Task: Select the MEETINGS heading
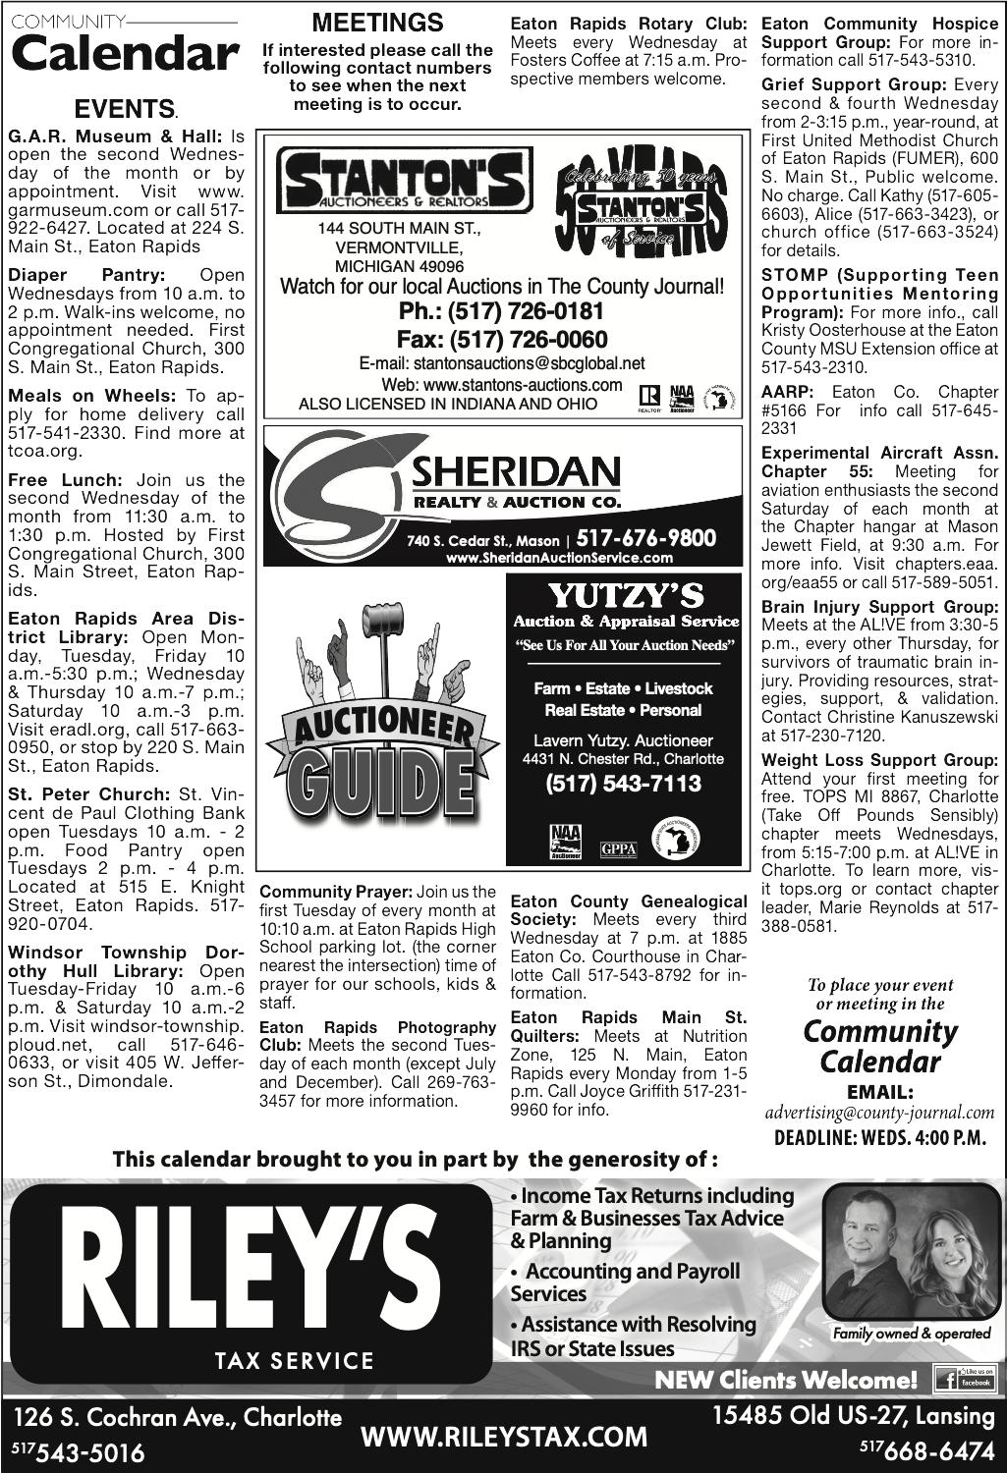pyautogui.click(x=378, y=23)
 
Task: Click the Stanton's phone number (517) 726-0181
pyautogui.click(x=502, y=313)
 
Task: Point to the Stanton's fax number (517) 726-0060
pyautogui.click(x=502, y=340)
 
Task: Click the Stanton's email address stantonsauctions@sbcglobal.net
pyautogui.click(x=502, y=363)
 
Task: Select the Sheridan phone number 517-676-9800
pyautogui.click(x=646, y=538)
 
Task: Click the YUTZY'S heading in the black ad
pyautogui.click(x=625, y=595)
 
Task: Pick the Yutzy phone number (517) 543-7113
pyautogui.click(x=624, y=783)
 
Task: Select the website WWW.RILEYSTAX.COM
pyautogui.click(x=505, y=1437)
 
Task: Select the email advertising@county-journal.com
pyautogui.click(x=880, y=1114)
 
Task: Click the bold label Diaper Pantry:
pyautogui.click(x=86, y=275)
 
